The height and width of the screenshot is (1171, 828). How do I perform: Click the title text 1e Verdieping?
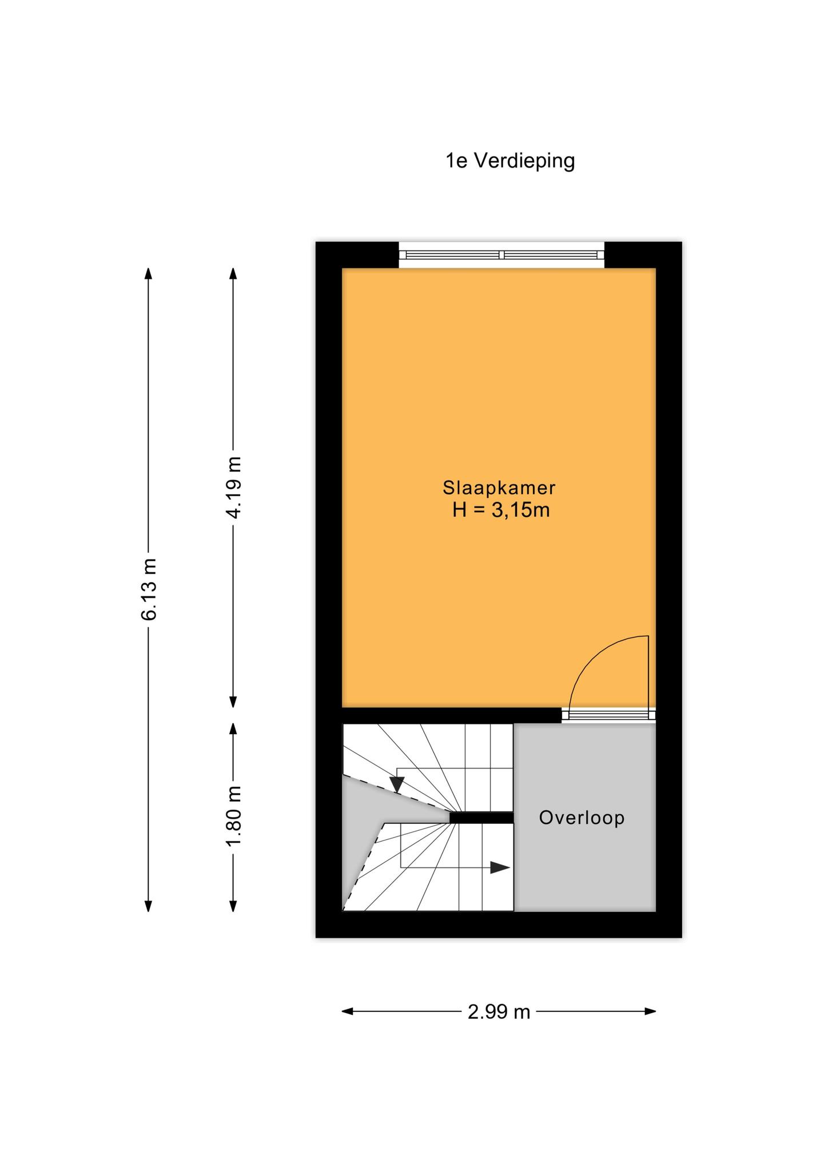(x=510, y=161)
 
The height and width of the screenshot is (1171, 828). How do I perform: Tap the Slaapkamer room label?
(x=499, y=488)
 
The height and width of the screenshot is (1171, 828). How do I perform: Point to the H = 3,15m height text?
(x=501, y=510)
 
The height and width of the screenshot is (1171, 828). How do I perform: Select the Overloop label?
(x=582, y=818)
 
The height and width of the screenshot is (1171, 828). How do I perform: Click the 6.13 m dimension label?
(x=149, y=590)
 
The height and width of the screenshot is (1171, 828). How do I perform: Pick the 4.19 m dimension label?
(x=233, y=488)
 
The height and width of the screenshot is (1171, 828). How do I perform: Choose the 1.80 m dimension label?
(x=233, y=816)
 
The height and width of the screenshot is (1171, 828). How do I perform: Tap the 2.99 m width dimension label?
(x=499, y=1012)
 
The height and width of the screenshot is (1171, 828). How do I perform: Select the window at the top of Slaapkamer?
(x=501, y=255)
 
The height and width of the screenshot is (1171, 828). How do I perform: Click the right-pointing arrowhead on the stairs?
(x=500, y=867)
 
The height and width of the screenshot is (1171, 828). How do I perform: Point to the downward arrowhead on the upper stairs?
(x=397, y=785)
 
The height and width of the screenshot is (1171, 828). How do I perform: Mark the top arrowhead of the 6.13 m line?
(x=149, y=274)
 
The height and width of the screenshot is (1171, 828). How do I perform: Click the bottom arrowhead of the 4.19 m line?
(x=233, y=702)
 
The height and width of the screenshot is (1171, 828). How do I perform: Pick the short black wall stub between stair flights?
(x=481, y=818)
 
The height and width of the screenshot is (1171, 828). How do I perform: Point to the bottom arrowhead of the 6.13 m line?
(x=149, y=905)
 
